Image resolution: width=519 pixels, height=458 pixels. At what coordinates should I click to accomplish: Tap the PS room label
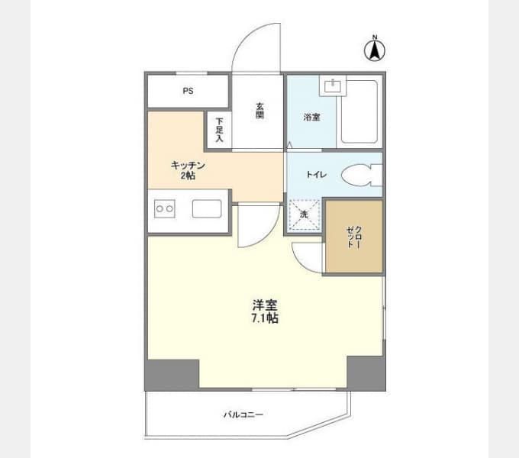coord(189,91)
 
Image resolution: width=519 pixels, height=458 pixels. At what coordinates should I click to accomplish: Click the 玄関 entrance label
coord(259,111)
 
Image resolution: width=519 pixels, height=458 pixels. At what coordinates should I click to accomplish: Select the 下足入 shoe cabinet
coord(219,130)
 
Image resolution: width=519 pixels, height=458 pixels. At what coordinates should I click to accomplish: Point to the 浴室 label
coord(312,117)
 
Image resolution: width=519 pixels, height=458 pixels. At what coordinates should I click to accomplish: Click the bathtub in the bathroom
coord(359,111)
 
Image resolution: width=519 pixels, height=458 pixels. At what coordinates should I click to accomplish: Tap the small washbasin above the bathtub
coord(332,85)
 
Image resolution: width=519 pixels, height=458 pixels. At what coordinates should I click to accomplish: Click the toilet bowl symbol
coord(362,175)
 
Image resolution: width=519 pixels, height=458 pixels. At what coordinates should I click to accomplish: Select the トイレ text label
coord(317,174)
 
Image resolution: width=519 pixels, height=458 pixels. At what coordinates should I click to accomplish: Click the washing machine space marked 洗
coord(305,214)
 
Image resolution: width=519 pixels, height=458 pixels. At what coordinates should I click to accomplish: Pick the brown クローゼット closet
coord(354,237)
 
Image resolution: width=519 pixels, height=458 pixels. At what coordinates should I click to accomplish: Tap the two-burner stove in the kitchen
coord(165,209)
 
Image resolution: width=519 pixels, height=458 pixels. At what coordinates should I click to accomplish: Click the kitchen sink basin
coord(207,209)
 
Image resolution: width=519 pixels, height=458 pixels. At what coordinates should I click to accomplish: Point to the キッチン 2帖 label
coord(188,170)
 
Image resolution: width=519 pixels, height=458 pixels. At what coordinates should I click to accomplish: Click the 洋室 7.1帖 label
coord(265,311)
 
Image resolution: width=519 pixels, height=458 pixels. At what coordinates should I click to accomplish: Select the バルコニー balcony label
coord(243,414)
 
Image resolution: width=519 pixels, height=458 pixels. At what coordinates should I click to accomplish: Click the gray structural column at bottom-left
coord(172,375)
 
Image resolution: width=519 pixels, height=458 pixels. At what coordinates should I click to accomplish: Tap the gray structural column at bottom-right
coord(366,373)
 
